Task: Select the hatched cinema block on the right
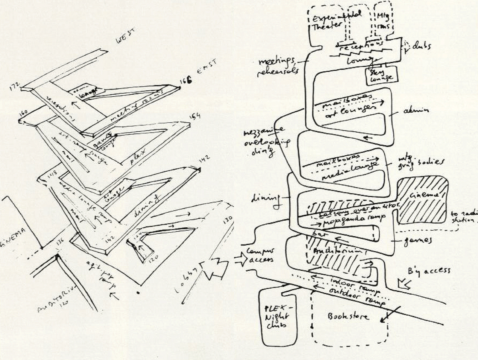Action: tap(423, 200)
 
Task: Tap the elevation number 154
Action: tap(195, 117)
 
